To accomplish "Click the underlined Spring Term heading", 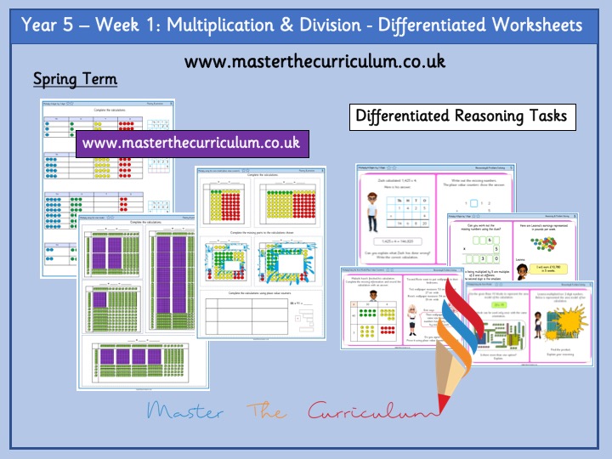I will point(75,80).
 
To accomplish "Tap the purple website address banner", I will point(191,143).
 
